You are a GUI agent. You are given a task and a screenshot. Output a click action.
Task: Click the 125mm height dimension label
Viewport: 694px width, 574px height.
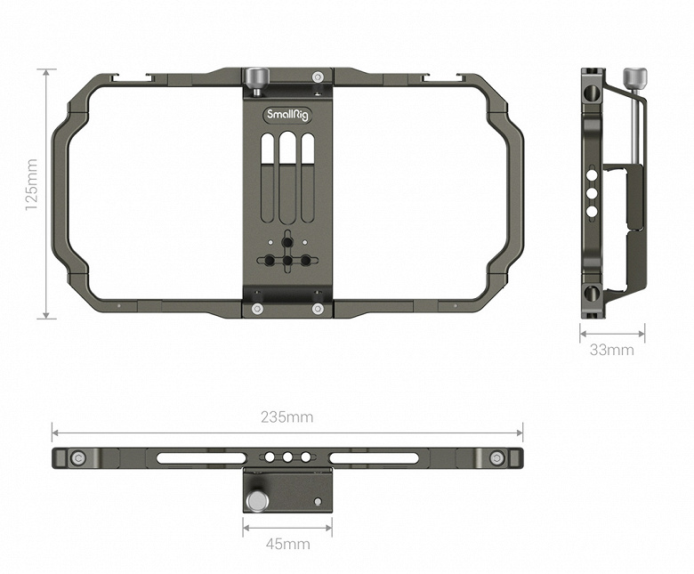tap(31, 184)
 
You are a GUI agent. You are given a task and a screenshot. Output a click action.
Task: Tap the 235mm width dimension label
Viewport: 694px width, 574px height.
tap(286, 416)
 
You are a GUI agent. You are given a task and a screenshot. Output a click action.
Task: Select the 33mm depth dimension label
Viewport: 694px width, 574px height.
tap(611, 350)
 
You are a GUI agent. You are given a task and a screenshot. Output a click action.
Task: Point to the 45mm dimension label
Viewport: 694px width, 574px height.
tap(287, 544)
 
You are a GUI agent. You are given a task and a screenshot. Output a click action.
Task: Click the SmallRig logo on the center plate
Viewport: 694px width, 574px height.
tap(287, 115)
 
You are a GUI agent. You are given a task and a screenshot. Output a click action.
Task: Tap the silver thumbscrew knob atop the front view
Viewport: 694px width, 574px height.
tap(254, 76)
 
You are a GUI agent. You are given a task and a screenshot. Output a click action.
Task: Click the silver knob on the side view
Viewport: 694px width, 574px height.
tap(634, 78)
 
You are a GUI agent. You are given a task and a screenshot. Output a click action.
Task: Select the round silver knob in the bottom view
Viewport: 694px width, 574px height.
tap(258, 501)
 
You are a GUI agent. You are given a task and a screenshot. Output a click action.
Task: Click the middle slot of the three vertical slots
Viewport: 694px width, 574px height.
tap(287, 178)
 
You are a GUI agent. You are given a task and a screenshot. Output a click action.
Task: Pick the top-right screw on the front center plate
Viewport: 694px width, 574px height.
tap(317, 77)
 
